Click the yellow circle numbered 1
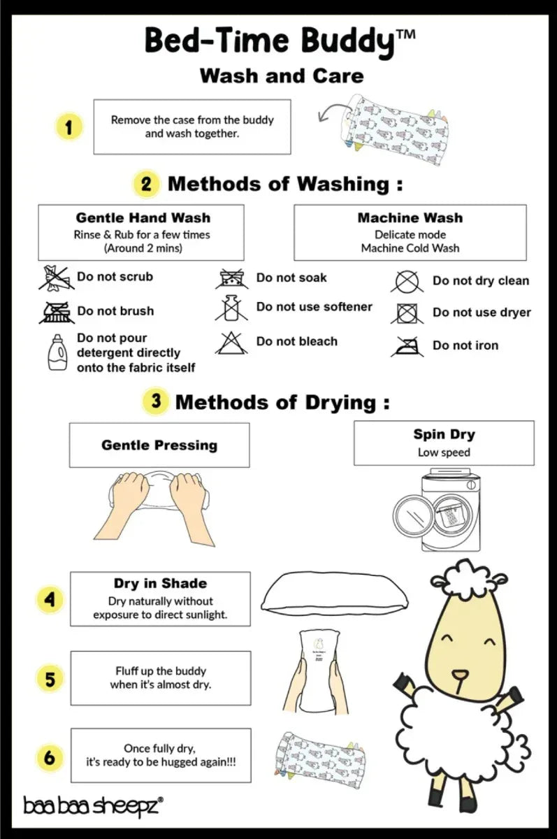[68, 127]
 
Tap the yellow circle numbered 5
[50, 679]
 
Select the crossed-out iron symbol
[407, 347]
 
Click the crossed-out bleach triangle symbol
[231, 343]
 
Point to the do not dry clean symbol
[407, 282]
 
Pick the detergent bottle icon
[57, 352]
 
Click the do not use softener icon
[231, 308]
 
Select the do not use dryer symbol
[407, 313]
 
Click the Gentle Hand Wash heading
[143, 217]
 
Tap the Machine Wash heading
[410, 217]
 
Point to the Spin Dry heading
[444, 434]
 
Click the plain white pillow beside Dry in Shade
[335, 594]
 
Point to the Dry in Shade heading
[160, 584]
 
